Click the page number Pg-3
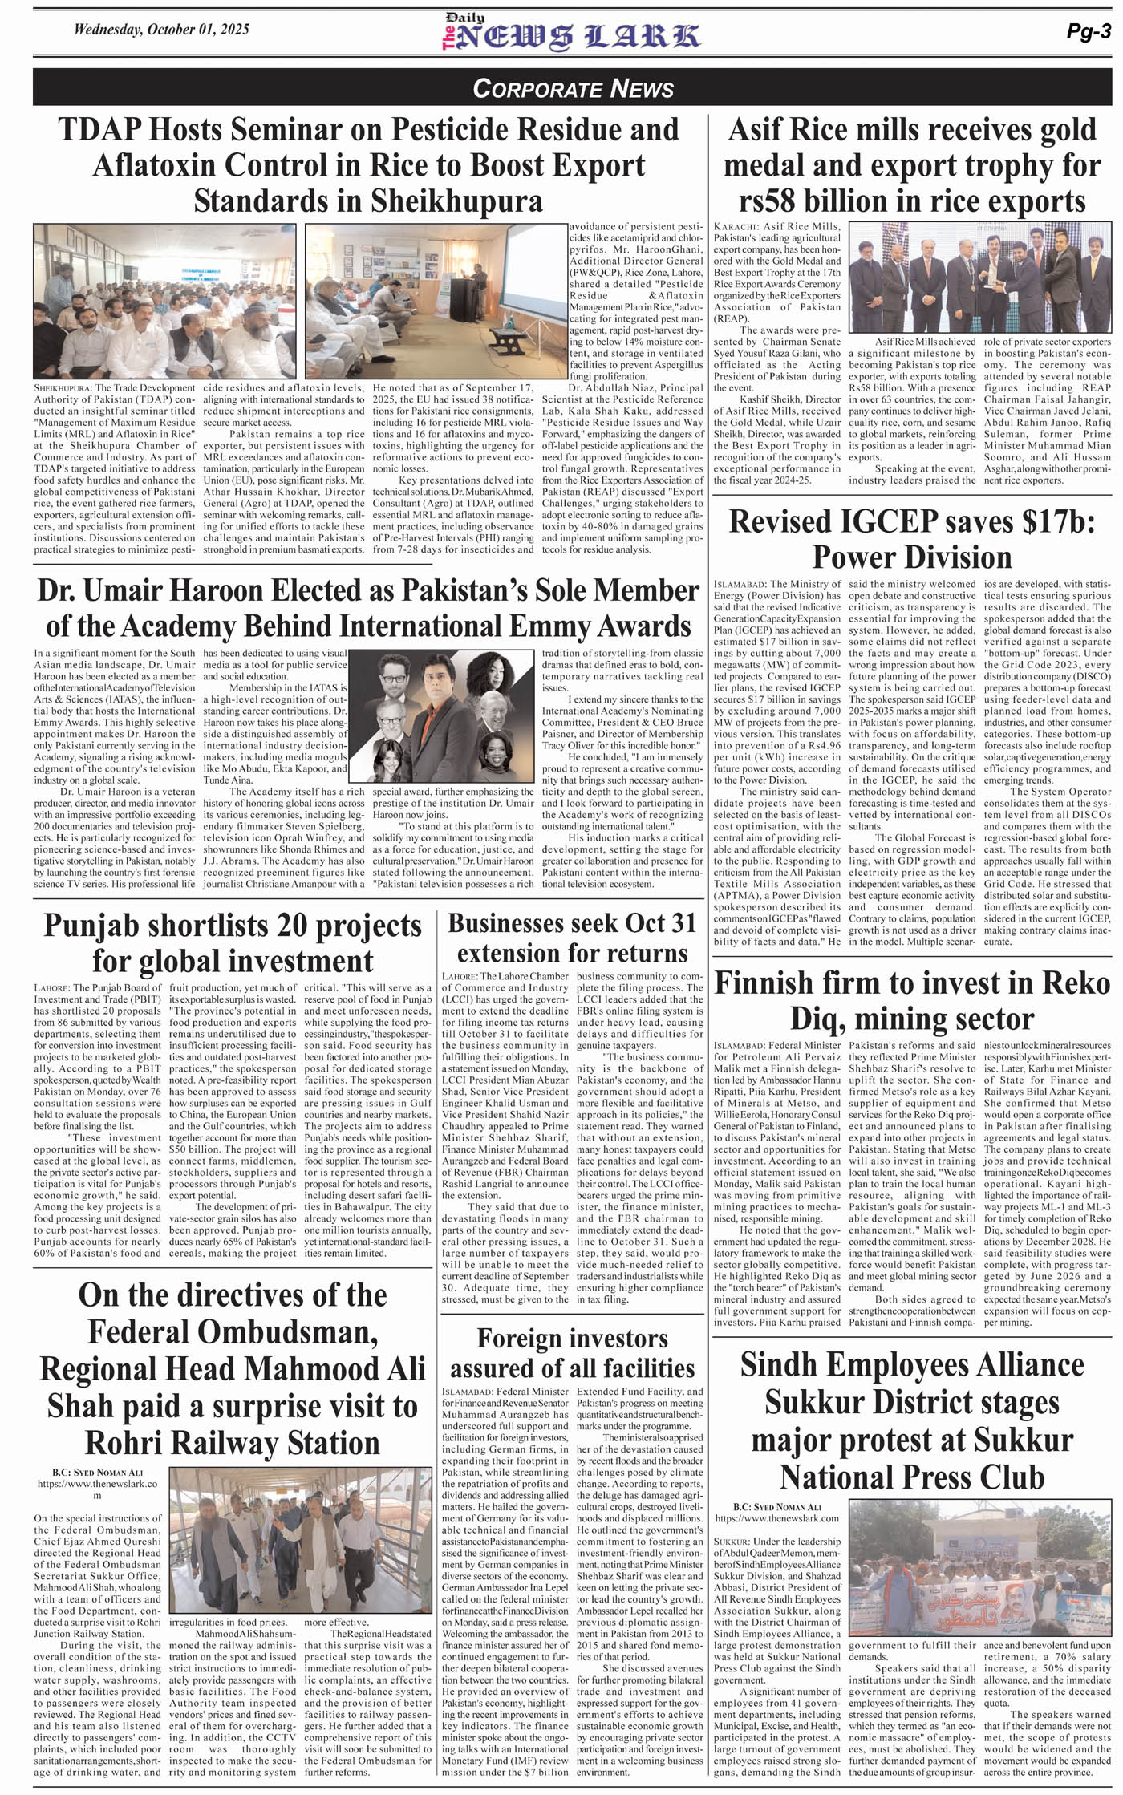point(1088,31)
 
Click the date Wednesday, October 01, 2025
point(161,30)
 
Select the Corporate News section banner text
point(573,88)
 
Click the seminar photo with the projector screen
point(434,301)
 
